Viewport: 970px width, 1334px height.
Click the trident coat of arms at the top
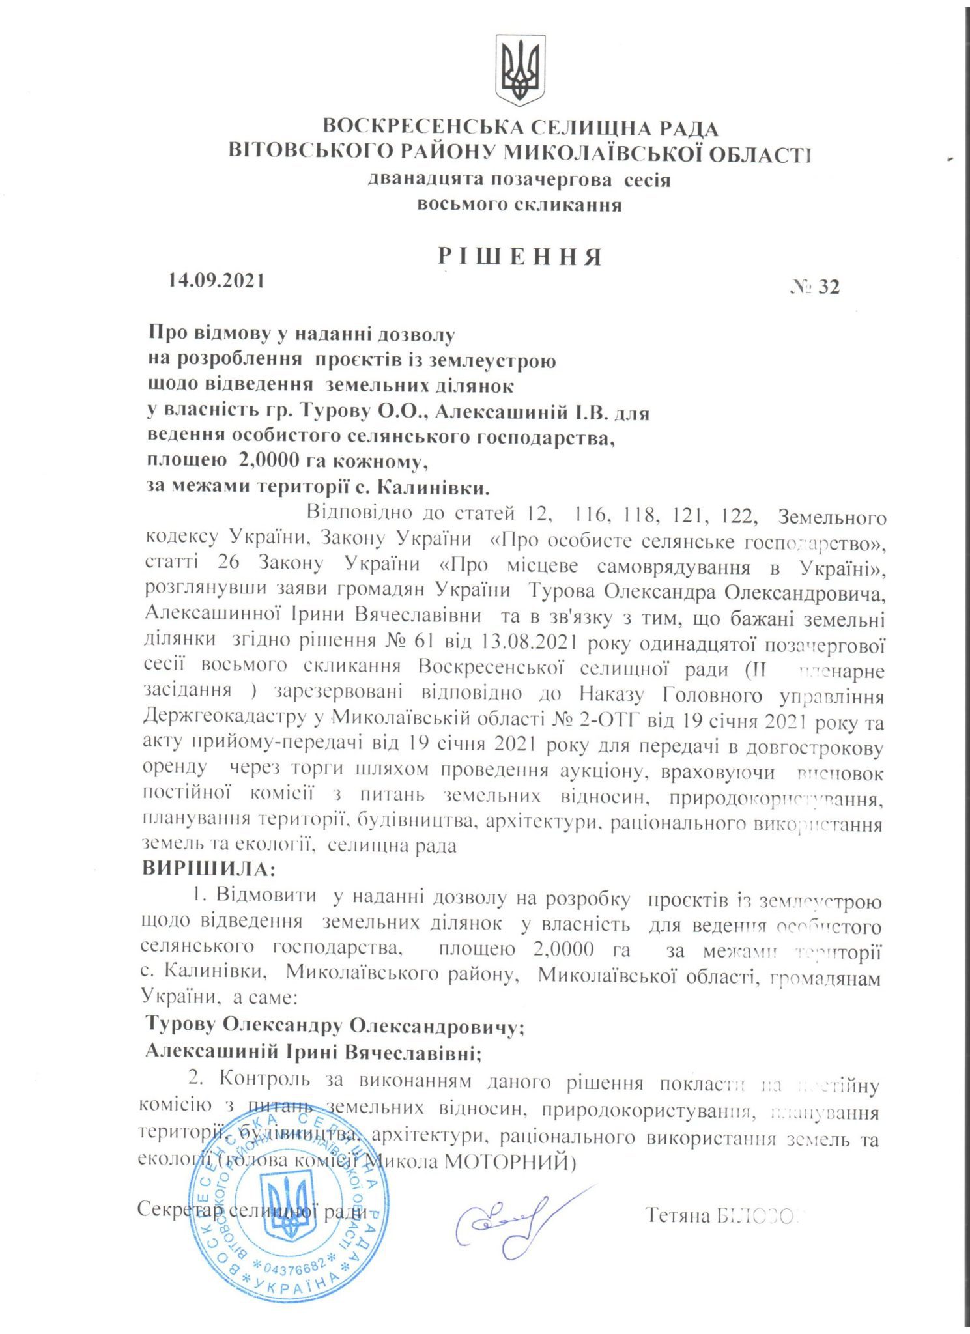pos(521,70)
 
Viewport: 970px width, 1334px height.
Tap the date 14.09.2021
pos(216,280)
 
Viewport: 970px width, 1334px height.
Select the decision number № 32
pos(815,287)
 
